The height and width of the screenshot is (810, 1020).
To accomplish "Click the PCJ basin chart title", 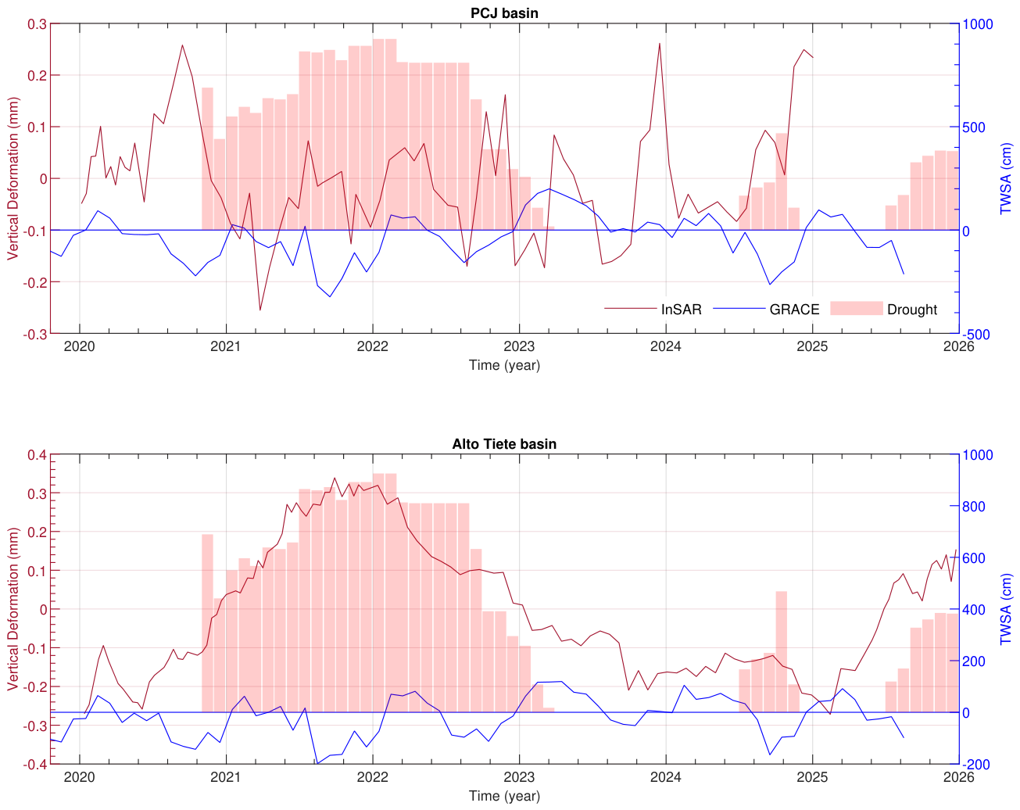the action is (x=504, y=13).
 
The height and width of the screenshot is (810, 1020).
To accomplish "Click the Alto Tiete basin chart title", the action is (x=504, y=444).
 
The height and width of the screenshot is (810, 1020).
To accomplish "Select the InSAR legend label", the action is (x=681, y=310).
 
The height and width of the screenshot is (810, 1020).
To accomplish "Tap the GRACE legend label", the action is (x=794, y=310).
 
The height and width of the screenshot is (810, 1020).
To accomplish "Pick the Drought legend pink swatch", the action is (x=856, y=308).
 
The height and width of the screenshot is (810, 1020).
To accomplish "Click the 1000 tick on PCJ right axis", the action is (x=977, y=24).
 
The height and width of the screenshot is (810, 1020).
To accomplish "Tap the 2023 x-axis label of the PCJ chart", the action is (x=519, y=346).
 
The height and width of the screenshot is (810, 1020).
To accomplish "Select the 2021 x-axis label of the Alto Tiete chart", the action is (x=226, y=777).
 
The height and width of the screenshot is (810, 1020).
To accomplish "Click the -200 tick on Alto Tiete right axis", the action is (x=976, y=765).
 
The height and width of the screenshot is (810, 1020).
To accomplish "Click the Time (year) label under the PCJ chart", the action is (x=504, y=365).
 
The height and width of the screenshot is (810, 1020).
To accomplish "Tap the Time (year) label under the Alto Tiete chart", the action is (x=504, y=796).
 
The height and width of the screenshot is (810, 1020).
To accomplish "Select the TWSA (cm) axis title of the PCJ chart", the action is (x=1005, y=178).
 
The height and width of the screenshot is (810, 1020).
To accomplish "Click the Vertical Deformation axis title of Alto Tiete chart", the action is (x=13, y=609).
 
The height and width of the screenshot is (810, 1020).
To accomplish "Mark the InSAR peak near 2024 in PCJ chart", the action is (x=660, y=44).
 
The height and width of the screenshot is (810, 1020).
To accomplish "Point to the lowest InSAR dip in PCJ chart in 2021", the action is (x=260, y=310).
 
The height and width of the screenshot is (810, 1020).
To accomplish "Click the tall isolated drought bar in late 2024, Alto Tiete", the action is (x=781, y=651).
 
